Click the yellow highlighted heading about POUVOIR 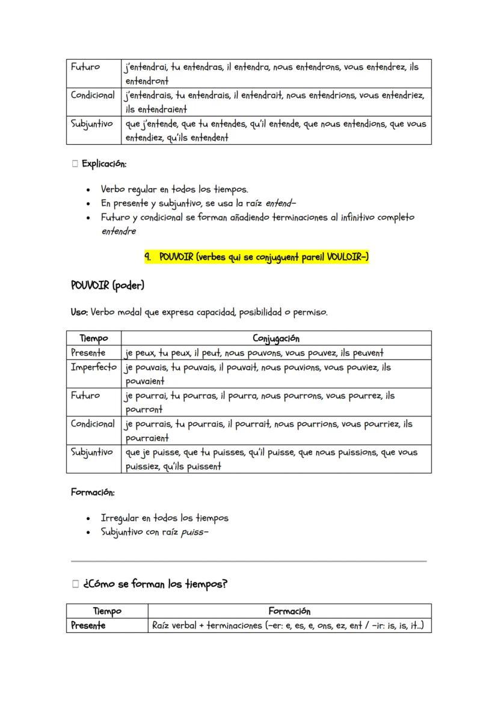256,257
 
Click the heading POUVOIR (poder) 108,285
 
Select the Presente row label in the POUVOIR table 88,353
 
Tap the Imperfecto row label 93,367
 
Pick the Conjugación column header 276,338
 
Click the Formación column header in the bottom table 289,611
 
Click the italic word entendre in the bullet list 118,231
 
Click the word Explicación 103,164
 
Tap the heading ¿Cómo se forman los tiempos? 155,584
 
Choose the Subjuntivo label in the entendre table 92,124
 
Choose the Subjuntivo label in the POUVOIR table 92,452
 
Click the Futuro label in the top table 85,67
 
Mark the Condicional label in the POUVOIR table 93,424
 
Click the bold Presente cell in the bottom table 88,626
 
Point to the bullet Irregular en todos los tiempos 164,518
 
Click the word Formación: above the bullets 93,492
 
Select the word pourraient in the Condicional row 147,438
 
